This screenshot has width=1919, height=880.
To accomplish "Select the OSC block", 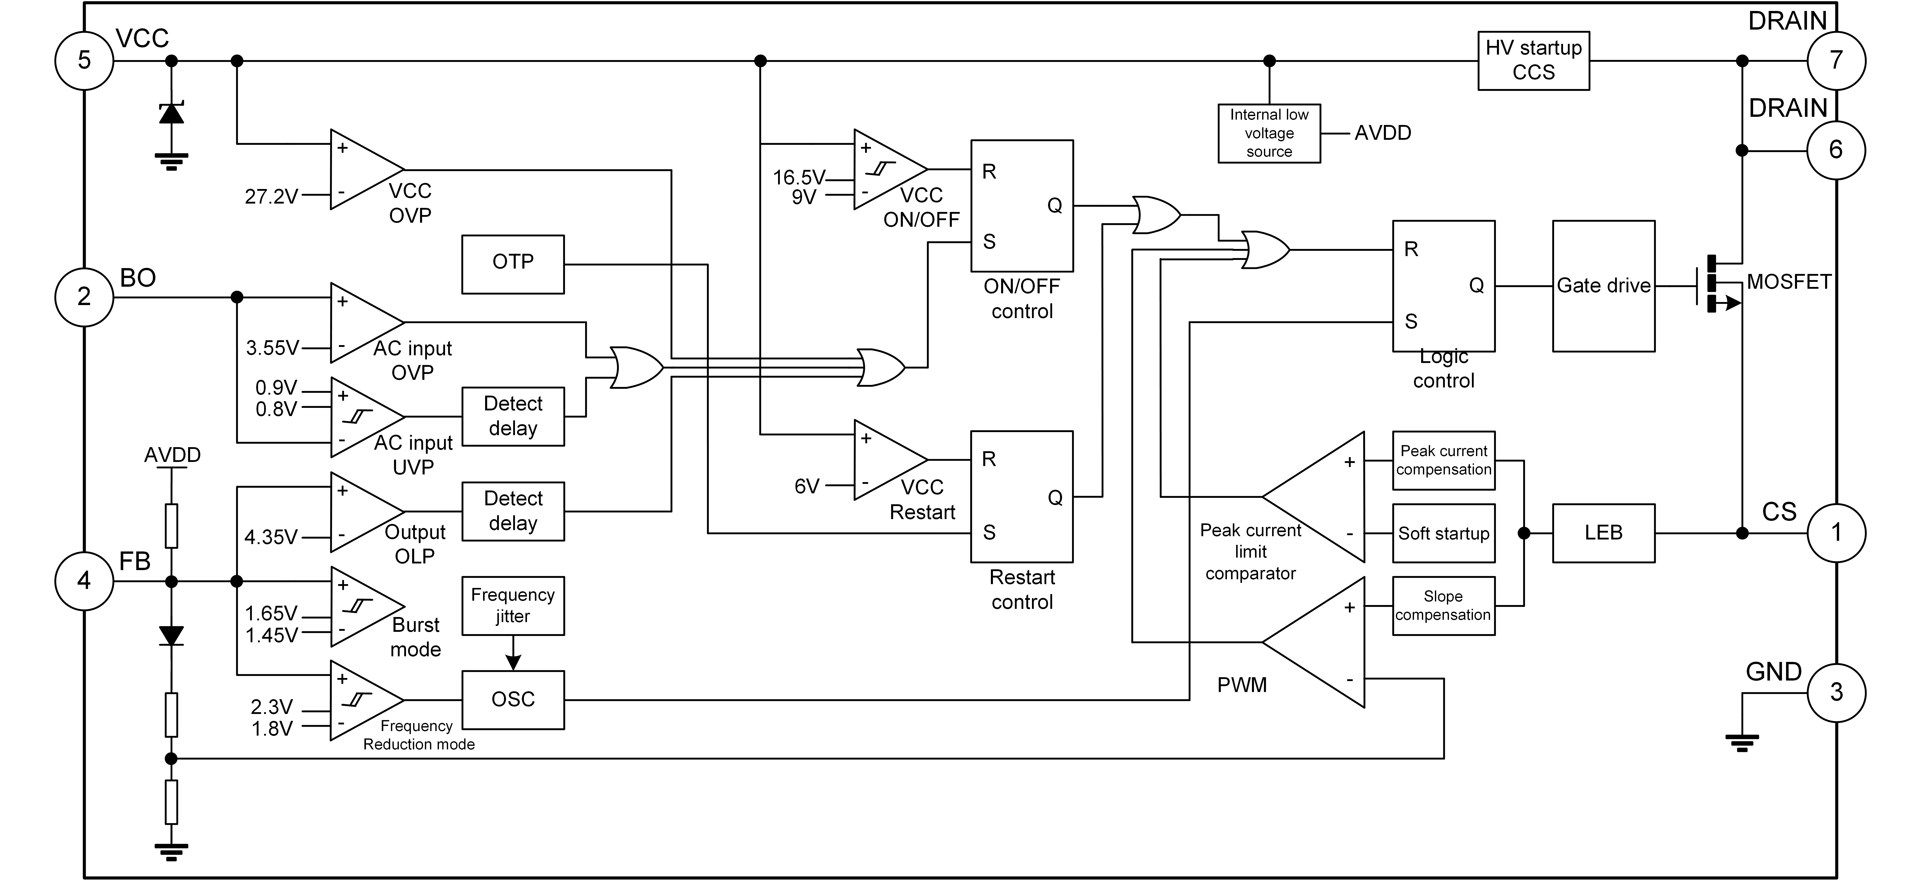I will pyautogui.click(x=513, y=700).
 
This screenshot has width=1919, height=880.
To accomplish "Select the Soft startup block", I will pyautogui.click(x=1444, y=533).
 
